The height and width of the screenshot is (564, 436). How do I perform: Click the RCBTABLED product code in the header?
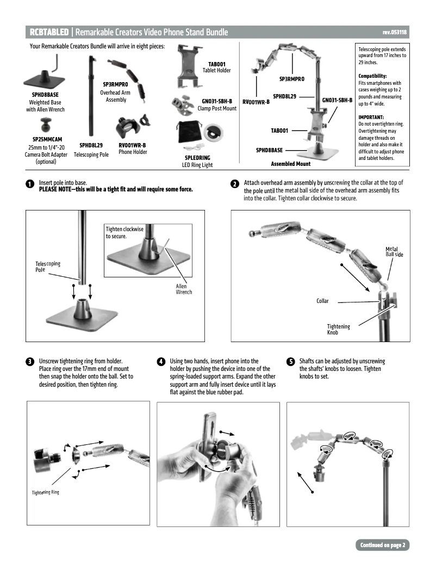49,33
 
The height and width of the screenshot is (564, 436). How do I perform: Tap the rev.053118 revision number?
394,33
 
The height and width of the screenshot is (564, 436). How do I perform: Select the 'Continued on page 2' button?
383,545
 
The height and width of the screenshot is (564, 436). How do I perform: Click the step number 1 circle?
30,185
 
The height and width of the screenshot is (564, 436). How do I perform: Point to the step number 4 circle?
161,362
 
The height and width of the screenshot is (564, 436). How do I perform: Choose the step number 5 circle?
291,362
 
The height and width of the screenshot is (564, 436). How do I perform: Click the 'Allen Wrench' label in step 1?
181,289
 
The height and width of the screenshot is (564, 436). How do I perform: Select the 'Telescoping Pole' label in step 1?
48,266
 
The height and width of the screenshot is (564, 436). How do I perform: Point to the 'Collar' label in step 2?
322,301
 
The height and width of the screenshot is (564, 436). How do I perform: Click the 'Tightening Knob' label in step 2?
338,329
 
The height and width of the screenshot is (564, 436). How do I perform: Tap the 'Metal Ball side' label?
394,252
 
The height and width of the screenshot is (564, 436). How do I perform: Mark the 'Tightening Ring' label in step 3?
45,492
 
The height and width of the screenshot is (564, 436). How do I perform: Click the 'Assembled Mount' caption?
290,164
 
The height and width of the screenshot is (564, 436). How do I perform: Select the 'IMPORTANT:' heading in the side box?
371,117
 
